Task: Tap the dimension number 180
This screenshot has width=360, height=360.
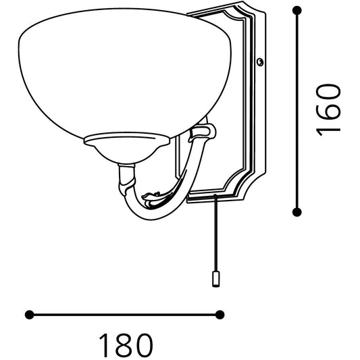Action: pos(125,345)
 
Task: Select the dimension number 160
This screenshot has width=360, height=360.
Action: pos(328,109)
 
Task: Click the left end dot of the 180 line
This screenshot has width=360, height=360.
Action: pos(29,314)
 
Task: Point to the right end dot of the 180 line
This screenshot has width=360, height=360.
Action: pos(220,314)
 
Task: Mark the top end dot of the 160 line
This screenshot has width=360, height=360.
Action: pos(297,10)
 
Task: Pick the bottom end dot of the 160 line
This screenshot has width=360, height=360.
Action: pos(297,212)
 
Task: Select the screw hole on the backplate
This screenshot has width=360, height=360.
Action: pos(260,62)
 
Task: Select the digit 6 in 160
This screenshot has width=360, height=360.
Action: pos(328,109)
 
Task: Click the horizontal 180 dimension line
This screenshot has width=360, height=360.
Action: pos(125,314)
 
